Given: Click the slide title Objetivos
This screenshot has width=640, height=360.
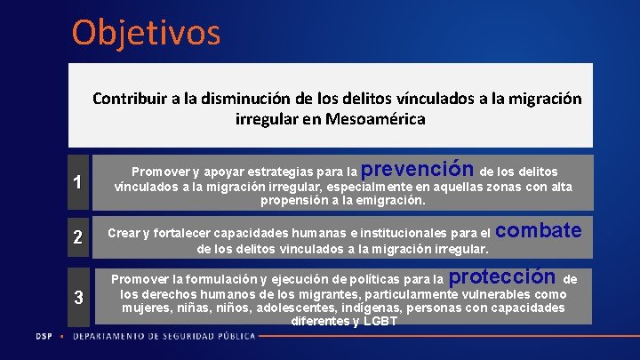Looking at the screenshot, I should pos(146,33).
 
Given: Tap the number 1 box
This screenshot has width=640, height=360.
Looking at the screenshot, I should pos(79,182).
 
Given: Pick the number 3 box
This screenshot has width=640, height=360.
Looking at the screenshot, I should pos(79,297).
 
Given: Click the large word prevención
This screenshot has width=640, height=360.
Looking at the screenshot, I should pos(418,168).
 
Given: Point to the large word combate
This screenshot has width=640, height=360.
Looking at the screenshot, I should pos(538,231).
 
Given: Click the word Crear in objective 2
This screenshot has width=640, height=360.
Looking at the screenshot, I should pos(124,234).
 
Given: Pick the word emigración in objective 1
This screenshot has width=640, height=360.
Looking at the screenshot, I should pos(385,200).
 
